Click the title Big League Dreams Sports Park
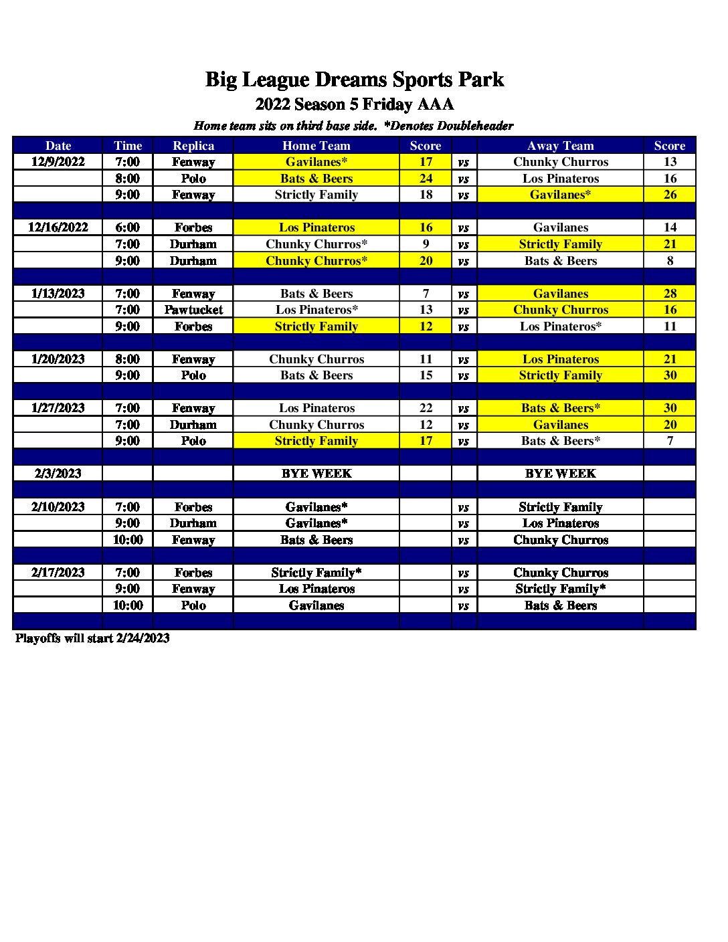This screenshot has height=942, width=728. pyautogui.click(x=354, y=80)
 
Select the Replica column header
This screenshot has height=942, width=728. pyautogui.click(x=193, y=146)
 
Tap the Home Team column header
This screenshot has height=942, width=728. pyautogui.click(x=316, y=146)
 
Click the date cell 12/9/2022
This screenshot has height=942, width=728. pyautogui.click(x=58, y=162)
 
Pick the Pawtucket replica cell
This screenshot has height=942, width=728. pyautogui.click(x=193, y=310)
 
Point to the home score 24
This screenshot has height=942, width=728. pyautogui.click(x=426, y=179)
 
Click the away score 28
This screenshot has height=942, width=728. pyautogui.click(x=670, y=294)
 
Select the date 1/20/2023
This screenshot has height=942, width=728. pyautogui.click(x=58, y=359)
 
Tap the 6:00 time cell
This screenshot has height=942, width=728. pyautogui.click(x=127, y=227)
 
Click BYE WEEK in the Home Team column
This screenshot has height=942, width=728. pyautogui.click(x=316, y=474)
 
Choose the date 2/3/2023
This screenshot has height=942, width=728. pyautogui.click(x=58, y=474)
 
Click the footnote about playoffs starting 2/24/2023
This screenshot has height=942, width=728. pyautogui.click(x=92, y=638)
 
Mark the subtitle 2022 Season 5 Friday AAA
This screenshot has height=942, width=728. pyautogui.click(x=354, y=104)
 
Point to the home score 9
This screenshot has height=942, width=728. pyautogui.click(x=426, y=244)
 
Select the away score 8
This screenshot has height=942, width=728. pyautogui.click(x=670, y=261)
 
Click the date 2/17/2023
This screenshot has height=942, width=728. pyautogui.click(x=58, y=573)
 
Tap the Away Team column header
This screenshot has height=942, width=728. pyautogui.click(x=560, y=146)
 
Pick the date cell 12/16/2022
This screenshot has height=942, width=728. pyautogui.click(x=58, y=227)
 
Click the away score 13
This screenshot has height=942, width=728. pyautogui.click(x=670, y=162)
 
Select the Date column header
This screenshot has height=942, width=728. pyautogui.click(x=58, y=146)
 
